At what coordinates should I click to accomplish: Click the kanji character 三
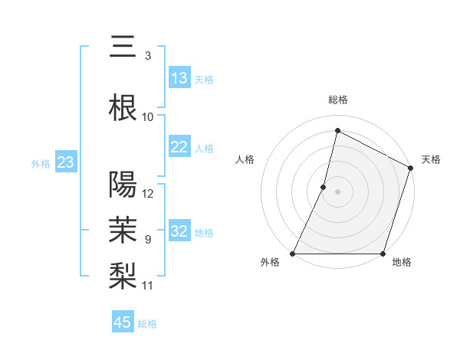click(x=123, y=47)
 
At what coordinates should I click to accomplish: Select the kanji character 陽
click(x=123, y=185)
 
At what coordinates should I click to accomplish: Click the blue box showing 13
click(x=179, y=78)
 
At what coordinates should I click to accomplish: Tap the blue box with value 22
click(x=179, y=147)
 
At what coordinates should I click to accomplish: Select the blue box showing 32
click(x=179, y=231)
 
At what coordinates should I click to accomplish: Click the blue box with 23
click(x=66, y=162)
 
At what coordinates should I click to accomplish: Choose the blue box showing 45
click(x=123, y=322)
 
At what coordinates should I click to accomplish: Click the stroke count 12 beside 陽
click(x=149, y=194)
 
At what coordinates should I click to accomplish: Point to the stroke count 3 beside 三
click(x=148, y=56)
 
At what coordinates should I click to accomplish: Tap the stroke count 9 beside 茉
click(x=148, y=240)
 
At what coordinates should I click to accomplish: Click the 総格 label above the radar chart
click(x=338, y=100)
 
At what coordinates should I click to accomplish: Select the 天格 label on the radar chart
click(x=431, y=159)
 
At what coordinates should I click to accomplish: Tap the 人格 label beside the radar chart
click(x=245, y=159)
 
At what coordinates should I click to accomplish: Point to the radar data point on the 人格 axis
click(x=324, y=187)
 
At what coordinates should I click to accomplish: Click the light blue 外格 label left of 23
click(x=41, y=163)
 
